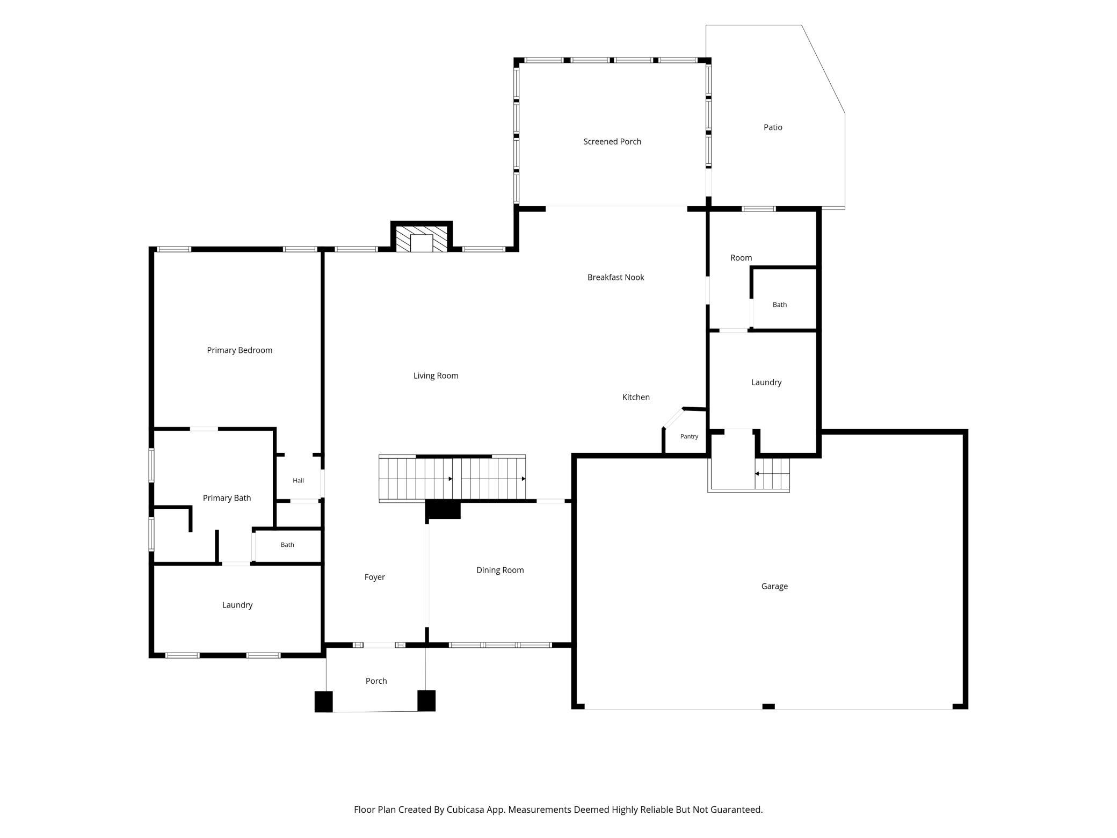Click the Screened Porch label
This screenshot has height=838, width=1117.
point(612,142)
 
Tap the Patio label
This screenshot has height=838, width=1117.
point(773,127)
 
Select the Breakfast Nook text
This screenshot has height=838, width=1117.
point(615,277)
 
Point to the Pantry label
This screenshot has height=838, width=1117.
point(689,436)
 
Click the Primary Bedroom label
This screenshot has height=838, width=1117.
point(240,350)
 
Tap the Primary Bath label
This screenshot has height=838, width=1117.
point(227,499)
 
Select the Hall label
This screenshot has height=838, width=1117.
point(298,480)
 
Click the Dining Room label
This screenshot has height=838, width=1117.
point(500,570)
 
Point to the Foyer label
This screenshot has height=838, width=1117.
point(374,577)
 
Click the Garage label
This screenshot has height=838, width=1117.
point(774,587)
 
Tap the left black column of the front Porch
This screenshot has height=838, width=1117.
point(323,702)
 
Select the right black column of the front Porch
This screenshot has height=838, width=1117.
point(426,700)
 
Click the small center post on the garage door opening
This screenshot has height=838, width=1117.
point(768,706)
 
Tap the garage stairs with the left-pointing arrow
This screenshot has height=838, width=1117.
point(772,474)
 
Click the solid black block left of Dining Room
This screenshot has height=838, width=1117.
point(443,510)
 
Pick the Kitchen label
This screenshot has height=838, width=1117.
point(636,398)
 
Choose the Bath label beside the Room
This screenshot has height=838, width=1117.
point(780,305)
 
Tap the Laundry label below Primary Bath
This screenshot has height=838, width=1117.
point(237,605)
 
